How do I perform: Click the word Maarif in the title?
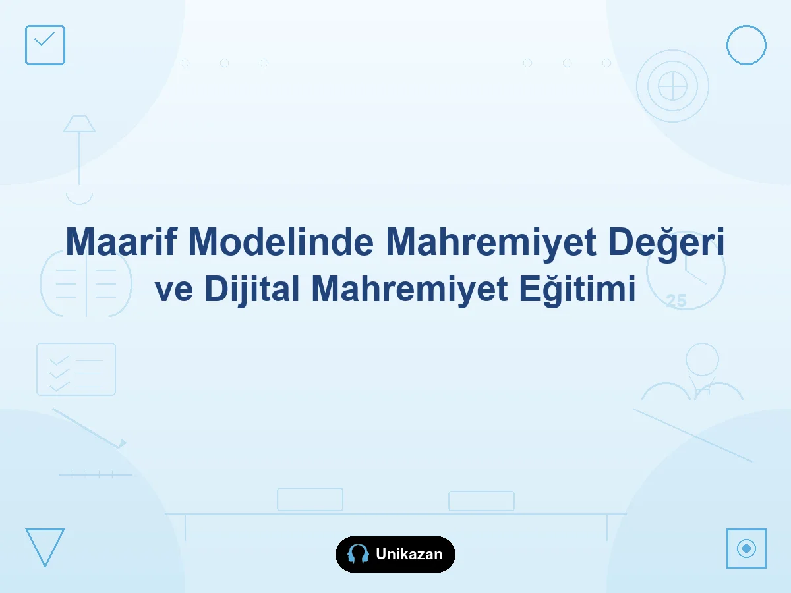(121, 241)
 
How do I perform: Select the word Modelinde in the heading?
(281, 241)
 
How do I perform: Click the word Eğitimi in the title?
(577, 289)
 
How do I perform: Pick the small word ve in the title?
(174, 291)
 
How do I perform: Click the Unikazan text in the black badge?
(409, 555)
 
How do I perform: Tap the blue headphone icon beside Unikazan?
(358, 553)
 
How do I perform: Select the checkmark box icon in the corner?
(45, 45)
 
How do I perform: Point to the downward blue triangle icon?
(45, 548)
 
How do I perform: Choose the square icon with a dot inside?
(746, 548)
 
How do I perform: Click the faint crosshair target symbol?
(672, 86)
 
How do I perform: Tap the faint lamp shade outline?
(79, 124)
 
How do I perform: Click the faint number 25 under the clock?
(676, 301)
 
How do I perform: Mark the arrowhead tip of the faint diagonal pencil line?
(127, 443)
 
